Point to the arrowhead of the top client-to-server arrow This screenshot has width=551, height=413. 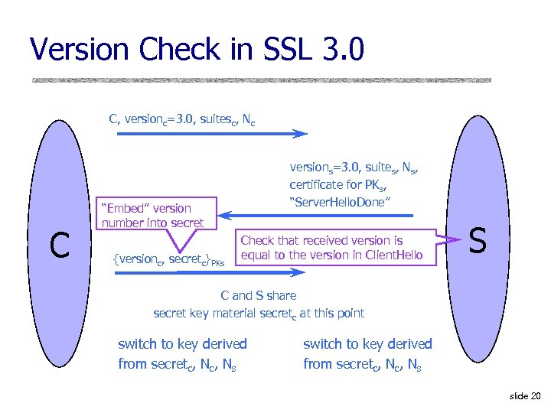coord(301,134)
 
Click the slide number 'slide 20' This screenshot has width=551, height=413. coord(524,395)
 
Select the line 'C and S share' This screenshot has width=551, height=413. coord(258,295)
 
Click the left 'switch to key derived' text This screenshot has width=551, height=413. coord(182,344)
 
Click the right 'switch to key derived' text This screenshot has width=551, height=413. coord(367,344)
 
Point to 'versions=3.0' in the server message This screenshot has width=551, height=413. coord(322,167)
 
